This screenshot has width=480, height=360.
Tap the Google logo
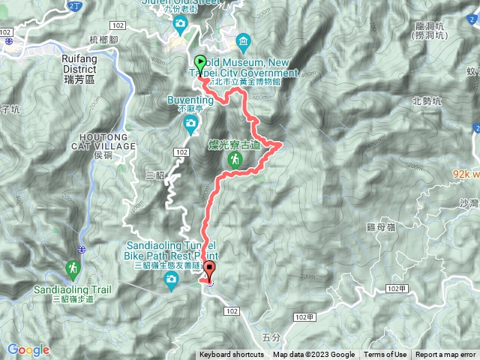tap(28, 349)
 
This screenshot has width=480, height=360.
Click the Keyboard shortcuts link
tap(232, 355)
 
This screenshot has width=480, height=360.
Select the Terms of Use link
tap(385, 355)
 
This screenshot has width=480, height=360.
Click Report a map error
tap(445, 355)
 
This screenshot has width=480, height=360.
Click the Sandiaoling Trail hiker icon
tap(73, 268)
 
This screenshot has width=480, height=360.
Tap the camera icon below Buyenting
tap(191, 122)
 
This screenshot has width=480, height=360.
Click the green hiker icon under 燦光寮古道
tap(235, 160)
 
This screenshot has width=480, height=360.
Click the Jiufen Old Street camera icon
tap(181, 25)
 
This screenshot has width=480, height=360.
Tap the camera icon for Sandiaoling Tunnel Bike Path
tap(172, 281)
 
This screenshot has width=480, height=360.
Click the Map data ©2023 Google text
tap(313, 355)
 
